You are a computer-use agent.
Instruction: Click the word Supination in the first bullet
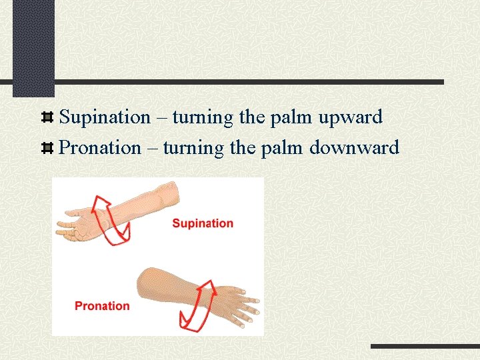point(105,117)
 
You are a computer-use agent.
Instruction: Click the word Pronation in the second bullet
point(100,147)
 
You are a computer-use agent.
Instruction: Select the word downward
point(354,147)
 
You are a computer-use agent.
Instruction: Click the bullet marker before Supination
point(47,118)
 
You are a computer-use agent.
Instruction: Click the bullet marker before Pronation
point(47,148)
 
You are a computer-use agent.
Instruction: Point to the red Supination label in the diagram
point(203,223)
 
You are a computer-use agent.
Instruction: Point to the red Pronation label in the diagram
point(102,306)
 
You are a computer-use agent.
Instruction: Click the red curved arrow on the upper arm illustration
point(112,219)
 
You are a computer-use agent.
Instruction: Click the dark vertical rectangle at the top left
point(33,47)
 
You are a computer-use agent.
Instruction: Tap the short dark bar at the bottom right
point(425,347)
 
